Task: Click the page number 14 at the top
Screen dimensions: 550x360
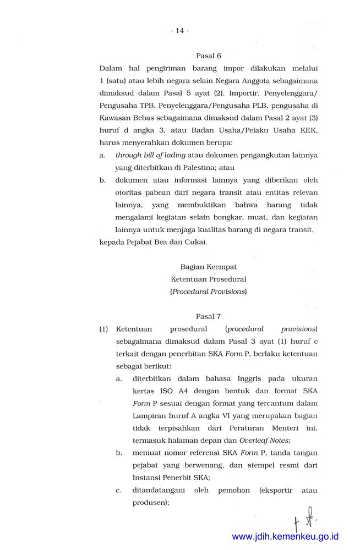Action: click(180, 30)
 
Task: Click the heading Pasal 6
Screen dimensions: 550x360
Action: click(209, 56)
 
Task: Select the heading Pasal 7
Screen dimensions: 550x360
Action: click(209, 316)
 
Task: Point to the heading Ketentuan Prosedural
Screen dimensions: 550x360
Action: click(209, 279)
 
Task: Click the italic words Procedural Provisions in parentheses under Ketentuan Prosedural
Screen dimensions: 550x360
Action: click(209, 291)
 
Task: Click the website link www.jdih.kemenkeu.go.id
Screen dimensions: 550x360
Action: click(285, 536)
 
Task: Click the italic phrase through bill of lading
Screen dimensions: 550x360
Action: click(150, 156)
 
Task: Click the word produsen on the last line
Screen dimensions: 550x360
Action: click(150, 503)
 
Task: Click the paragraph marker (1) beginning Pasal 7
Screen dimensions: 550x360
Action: click(103, 329)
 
